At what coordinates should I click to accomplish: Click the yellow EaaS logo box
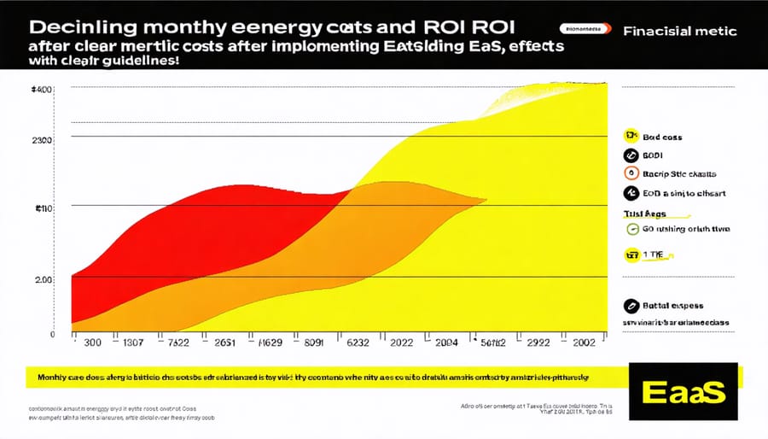click(682, 392)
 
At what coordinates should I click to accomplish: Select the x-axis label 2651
click(224, 344)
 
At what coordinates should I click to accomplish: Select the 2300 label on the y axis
click(42, 139)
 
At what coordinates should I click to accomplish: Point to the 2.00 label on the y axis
click(44, 279)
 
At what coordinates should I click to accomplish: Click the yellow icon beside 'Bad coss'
click(631, 136)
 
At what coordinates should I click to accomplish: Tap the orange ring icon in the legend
click(631, 174)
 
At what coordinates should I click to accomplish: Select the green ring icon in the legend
click(631, 229)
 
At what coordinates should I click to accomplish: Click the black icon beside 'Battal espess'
click(631, 304)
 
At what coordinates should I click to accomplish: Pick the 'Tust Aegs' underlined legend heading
click(644, 214)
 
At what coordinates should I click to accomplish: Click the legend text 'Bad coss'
click(662, 137)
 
